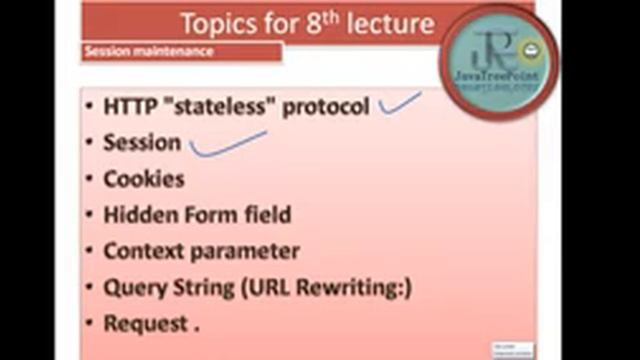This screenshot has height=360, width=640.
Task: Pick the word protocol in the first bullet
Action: pos(326,107)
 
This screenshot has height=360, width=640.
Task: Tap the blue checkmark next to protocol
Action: pos(400,102)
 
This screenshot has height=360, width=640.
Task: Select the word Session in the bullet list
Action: pos(142,143)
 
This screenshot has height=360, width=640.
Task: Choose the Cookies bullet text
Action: pos(144,179)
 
